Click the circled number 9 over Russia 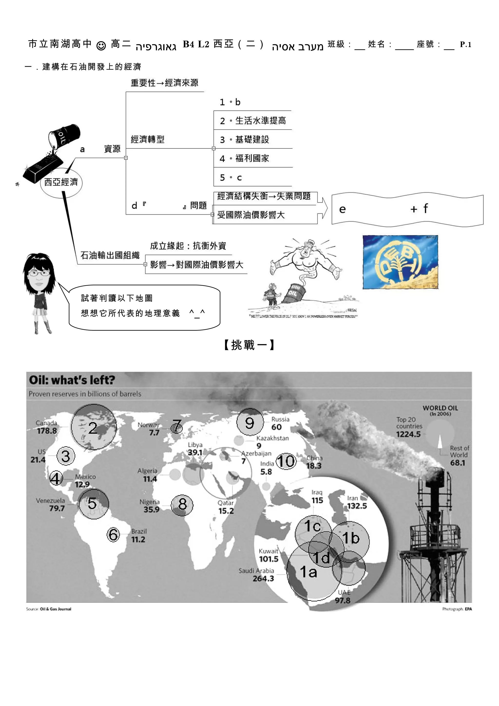(250, 423)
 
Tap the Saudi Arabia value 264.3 (263, 578)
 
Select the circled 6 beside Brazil (113, 534)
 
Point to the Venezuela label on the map (50, 501)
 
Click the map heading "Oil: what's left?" (72, 380)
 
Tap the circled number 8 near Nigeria (182, 504)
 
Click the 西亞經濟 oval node (61, 182)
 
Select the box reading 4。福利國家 (252, 158)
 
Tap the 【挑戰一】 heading (249, 345)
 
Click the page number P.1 (465, 44)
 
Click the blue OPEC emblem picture (400, 262)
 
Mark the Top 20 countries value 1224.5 (408, 434)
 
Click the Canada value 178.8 (47, 431)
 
